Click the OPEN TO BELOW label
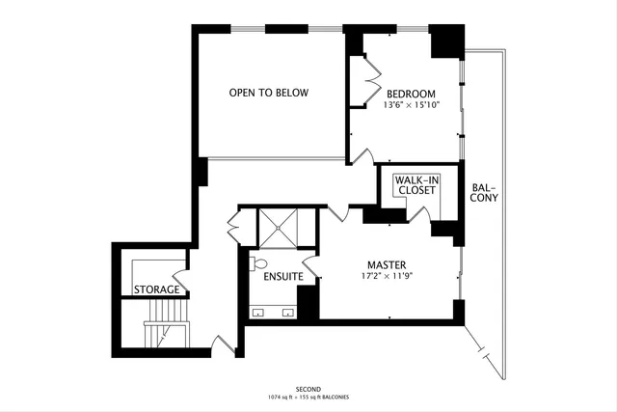click(268, 93)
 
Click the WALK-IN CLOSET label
click(416, 184)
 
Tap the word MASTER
click(386, 264)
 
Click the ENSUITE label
click(283, 277)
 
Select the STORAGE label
click(156, 289)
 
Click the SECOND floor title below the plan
click(308, 389)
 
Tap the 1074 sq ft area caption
click(308, 398)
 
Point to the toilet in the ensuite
click(258, 263)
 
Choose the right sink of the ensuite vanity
click(287, 312)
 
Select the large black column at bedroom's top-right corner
click(445, 41)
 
